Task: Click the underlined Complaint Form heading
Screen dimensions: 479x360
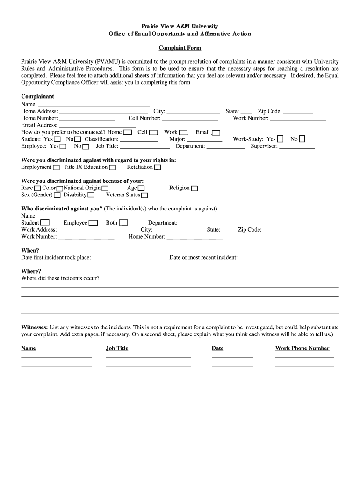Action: pyautogui.click(x=180, y=48)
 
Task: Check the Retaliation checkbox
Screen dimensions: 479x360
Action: pyautogui.click(x=158, y=167)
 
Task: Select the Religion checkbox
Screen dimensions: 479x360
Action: pyautogui.click(x=194, y=189)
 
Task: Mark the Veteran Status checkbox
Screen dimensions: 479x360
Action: pyautogui.click(x=144, y=196)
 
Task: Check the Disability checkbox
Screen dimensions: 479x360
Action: pyautogui.click(x=91, y=196)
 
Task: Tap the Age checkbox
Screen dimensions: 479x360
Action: pyautogui.click(x=142, y=189)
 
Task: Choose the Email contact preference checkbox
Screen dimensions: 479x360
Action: pyautogui.click(x=215, y=133)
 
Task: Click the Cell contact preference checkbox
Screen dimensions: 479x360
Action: pyautogui.click(x=153, y=133)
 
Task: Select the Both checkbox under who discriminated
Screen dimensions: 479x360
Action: pyautogui.click(x=123, y=223)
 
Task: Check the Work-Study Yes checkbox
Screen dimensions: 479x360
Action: pyautogui.click(x=280, y=139)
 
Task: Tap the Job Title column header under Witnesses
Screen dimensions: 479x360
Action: pyautogui.click(x=117, y=348)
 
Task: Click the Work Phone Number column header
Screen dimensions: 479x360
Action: pyautogui.click(x=302, y=348)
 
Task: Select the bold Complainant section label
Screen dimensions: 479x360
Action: pyautogui.click(x=38, y=96)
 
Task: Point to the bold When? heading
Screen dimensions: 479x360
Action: pyautogui.click(x=30, y=250)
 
